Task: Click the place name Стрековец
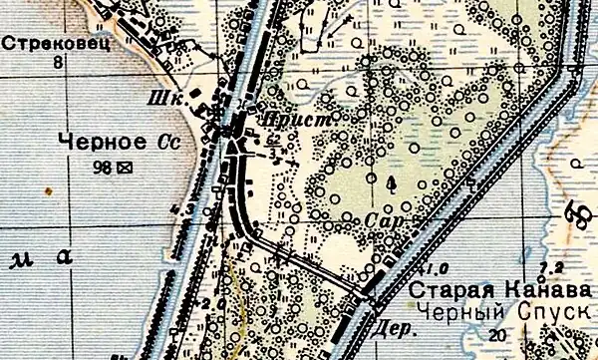pos(42,44)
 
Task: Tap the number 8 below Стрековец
pos(58,62)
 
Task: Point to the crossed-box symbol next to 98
pos(126,166)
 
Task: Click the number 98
pos(102,166)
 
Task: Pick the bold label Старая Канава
pos(479,291)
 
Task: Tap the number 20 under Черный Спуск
pos(523,335)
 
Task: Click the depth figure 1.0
pos(435,268)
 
